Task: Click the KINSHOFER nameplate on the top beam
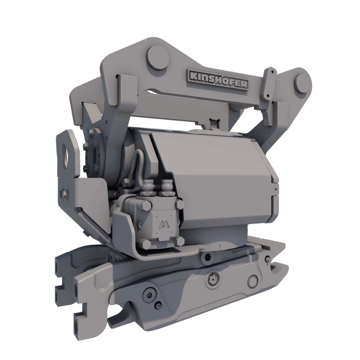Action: click(x=218, y=79)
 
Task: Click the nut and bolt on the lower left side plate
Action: click(x=65, y=194)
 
